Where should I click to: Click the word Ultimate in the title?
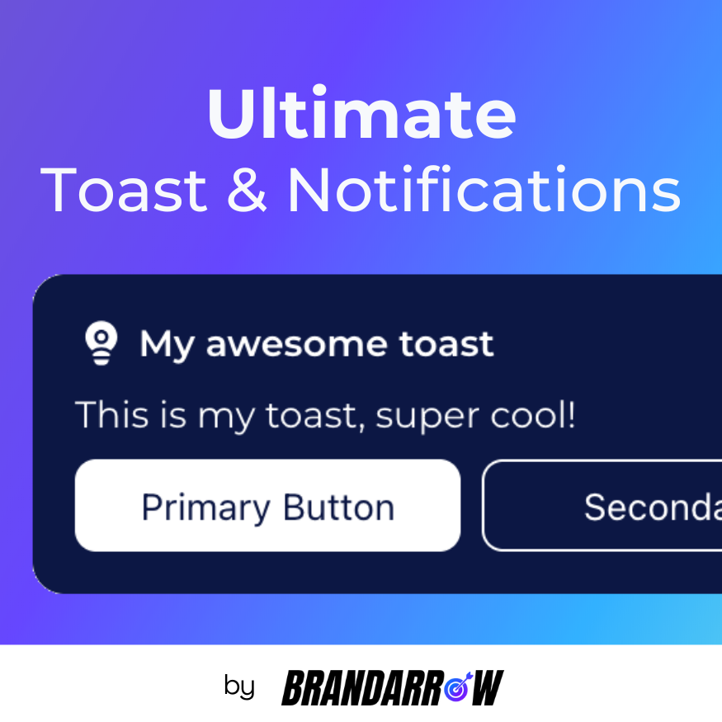coord(361,114)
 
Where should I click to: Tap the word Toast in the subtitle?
coord(124,191)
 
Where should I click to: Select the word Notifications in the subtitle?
coord(484,191)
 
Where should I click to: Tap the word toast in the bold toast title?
coord(446,344)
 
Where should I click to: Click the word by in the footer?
coord(239,687)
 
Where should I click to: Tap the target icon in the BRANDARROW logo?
coord(458,687)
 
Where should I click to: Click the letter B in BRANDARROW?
coord(295,687)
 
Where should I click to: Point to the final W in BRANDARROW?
coord(488,687)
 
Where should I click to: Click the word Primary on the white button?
coord(205,507)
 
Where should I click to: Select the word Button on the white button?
coord(338,507)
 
